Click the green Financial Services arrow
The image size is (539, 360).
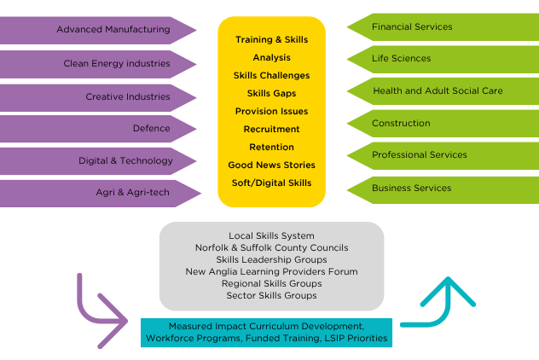439,27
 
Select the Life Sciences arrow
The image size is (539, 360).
439,59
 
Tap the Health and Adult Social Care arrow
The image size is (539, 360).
439,91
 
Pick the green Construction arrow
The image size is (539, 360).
439,124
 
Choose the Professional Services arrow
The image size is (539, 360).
439,155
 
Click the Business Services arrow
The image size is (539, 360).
439,188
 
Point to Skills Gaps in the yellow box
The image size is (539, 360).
271,93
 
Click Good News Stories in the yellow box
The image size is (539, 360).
271,165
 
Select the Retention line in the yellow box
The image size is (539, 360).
271,147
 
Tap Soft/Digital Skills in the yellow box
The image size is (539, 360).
271,183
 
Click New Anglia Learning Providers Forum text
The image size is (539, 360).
271,271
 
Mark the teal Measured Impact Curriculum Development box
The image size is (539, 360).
266,333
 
